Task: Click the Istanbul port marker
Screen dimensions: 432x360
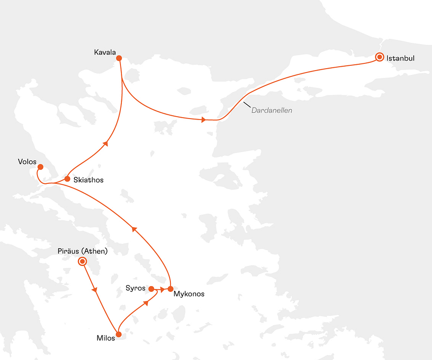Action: coord(380,57)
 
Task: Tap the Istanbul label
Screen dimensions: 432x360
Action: coord(400,59)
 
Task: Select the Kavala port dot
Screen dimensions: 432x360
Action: coord(119,58)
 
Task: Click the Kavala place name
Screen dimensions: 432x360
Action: coord(105,52)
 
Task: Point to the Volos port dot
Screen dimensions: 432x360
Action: coord(40,167)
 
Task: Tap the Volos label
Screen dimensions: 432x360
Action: coord(27,162)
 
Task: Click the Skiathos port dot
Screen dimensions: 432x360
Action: coord(67,179)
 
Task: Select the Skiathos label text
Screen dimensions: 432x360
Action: coord(88,180)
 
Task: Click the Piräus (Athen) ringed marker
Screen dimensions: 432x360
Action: coord(83,261)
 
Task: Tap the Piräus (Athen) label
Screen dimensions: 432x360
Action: coord(83,251)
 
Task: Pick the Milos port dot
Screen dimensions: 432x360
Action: coord(119,335)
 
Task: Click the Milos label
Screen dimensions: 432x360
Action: coord(106,338)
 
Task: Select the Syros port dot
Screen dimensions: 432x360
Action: coord(151,288)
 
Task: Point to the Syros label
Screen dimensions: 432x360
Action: coord(135,288)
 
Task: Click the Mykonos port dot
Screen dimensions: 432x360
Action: coord(170,289)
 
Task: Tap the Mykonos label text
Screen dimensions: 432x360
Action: coord(189,294)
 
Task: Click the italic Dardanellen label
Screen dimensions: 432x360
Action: coord(272,110)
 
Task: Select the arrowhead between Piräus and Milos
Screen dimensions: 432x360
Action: coord(95,290)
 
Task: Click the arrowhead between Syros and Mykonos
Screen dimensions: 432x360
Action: coord(163,289)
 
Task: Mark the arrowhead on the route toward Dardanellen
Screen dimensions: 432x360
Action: coord(204,120)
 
